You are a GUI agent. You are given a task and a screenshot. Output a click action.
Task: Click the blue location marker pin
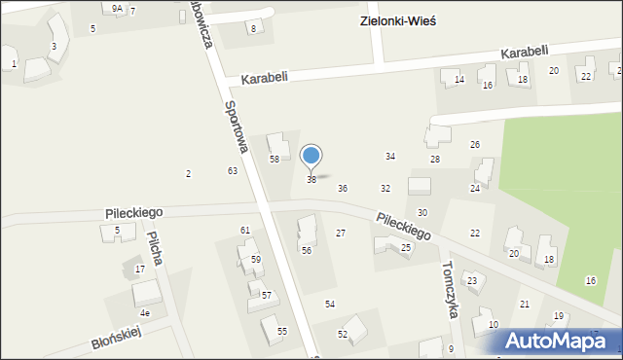tap(311, 157)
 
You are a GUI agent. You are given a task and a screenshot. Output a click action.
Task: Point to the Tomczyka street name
tap(450, 283)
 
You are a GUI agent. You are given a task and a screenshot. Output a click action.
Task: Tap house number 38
tap(311, 180)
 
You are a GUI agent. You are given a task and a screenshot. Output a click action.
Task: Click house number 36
tap(343, 188)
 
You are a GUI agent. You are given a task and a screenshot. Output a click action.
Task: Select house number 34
tap(390, 157)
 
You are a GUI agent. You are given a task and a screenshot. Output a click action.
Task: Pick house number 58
tap(275, 159)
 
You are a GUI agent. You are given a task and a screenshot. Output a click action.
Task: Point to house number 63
tap(233, 171)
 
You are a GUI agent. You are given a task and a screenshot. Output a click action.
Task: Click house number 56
tap(306, 251)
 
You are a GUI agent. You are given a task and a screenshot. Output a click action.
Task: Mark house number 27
tap(341, 234)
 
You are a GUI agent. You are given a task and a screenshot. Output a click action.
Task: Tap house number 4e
tap(145, 313)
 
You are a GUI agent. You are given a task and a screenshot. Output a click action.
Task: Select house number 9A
tap(117, 8)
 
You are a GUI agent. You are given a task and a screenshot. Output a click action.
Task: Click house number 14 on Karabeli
tap(459, 80)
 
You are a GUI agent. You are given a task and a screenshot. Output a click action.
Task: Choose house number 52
tap(343, 335)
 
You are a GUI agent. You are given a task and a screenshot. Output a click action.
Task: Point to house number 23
tap(472, 281)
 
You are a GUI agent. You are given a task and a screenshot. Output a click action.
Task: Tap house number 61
tap(245, 230)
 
